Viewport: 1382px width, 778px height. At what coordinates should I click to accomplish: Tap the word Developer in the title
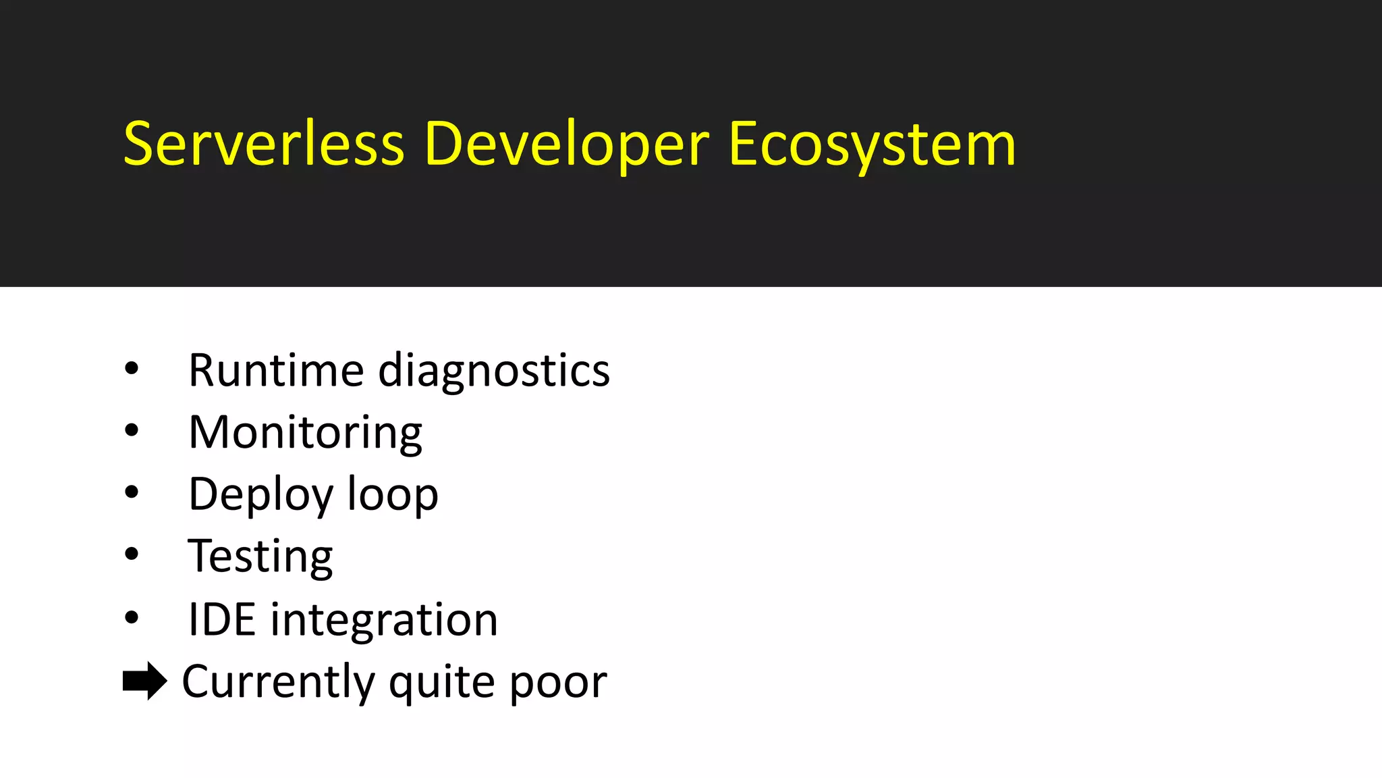tap(567, 145)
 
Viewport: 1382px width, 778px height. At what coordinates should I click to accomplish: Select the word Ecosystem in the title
tap(872, 145)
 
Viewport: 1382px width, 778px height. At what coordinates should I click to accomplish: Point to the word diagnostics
tap(494, 371)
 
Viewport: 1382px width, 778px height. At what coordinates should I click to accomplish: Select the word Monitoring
tap(305, 433)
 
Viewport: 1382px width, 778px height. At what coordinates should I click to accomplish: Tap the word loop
tap(393, 494)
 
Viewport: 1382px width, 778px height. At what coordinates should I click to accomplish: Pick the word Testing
tap(260, 557)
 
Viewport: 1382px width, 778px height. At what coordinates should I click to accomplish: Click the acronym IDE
tap(222, 619)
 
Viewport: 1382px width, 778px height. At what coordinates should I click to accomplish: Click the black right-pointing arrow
tap(144, 681)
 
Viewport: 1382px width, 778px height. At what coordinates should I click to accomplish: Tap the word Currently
tap(278, 682)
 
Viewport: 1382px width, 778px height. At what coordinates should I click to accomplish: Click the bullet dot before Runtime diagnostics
tap(132, 369)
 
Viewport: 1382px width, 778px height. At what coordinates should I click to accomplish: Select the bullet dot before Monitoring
tap(132, 430)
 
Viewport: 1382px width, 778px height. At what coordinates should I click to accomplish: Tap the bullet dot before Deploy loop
tap(132, 492)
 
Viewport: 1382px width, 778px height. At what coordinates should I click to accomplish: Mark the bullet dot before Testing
tap(132, 554)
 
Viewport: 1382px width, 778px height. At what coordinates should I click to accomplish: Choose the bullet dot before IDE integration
tap(132, 617)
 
